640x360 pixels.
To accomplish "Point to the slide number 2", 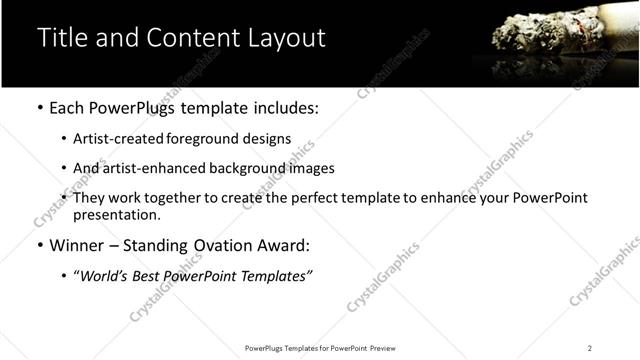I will pos(589,348).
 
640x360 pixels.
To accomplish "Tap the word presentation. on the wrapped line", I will pos(116,215).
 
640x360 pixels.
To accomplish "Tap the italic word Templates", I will pos(272,275).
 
